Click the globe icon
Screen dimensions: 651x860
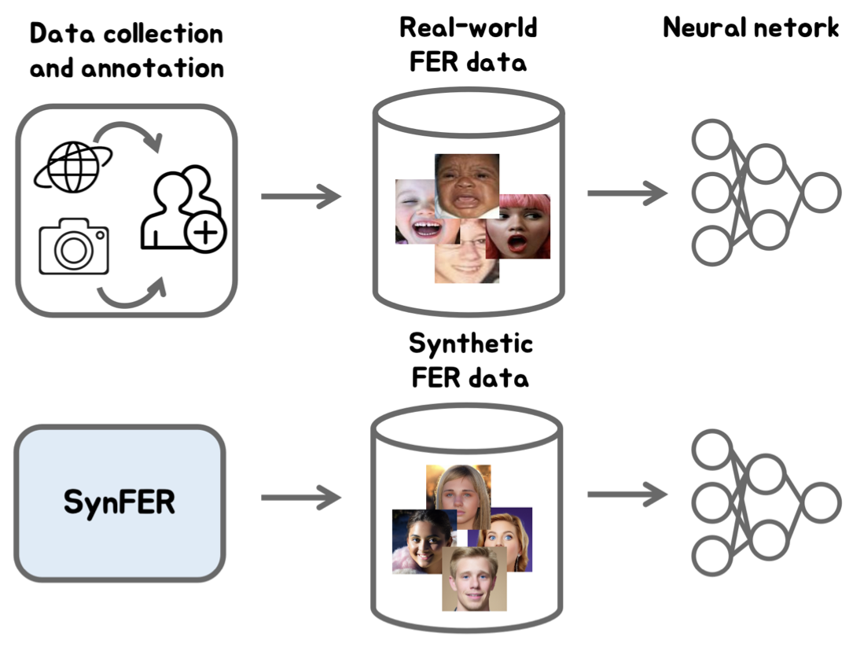(x=72, y=167)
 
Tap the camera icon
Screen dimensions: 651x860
(x=74, y=247)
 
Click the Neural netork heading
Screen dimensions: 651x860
(x=751, y=28)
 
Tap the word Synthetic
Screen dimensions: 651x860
(x=470, y=344)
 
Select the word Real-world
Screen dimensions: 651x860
(x=469, y=28)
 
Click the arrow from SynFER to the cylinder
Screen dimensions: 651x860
(x=300, y=497)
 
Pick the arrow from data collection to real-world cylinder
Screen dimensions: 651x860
(x=300, y=195)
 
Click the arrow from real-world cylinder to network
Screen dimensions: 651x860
(x=627, y=193)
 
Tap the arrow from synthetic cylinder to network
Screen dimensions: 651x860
(x=627, y=495)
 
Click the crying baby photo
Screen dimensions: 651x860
(x=467, y=186)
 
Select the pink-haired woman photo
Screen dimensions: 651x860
(x=519, y=228)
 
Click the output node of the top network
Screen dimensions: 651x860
(x=821, y=192)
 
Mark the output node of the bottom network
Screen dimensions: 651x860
(x=821, y=502)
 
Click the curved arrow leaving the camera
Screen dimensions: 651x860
(x=132, y=296)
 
